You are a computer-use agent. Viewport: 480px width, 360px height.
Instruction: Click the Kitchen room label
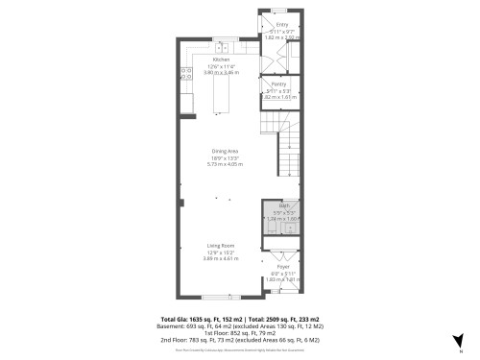[220, 59]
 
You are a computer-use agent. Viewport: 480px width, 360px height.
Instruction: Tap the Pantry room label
[278, 84]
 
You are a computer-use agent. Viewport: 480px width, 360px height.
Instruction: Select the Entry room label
[282, 24]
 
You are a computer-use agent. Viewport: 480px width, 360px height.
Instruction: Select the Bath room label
[284, 206]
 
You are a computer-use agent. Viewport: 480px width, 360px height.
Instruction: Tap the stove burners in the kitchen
[183, 72]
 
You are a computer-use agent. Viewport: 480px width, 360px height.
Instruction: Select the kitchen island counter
[221, 96]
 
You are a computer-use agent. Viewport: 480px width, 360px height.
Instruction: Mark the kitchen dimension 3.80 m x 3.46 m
[220, 72]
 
